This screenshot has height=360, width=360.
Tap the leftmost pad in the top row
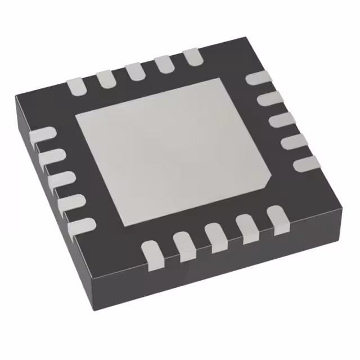[78, 85]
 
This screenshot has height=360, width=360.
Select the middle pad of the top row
[136, 70]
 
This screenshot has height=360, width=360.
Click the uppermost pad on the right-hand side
[257, 78]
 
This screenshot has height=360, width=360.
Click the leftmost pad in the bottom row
[153, 253]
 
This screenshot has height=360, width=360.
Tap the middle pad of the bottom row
[215, 235]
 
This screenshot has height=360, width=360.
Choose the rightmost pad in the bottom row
[276, 218]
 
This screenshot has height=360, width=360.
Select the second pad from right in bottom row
[246, 226]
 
